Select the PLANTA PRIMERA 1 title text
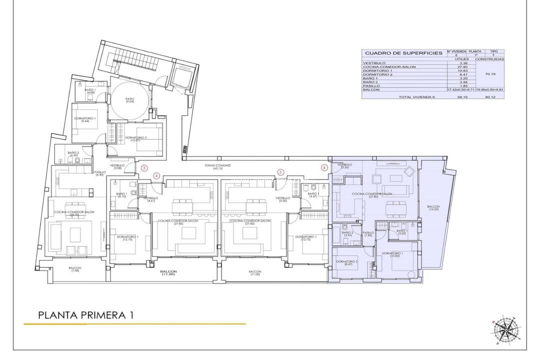[x=85, y=315]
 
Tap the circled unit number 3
[x=144, y=168]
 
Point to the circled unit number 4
[x=156, y=175]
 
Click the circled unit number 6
[x=324, y=168]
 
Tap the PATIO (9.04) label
[x=129, y=100]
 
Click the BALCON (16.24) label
[x=433, y=208]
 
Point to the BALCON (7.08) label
[x=75, y=269]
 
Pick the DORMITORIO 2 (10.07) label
[x=135, y=139]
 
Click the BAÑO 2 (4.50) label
[x=73, y=153]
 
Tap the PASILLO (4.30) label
[x=99, y=173]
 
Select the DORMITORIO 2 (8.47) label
[x=346, y=263]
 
